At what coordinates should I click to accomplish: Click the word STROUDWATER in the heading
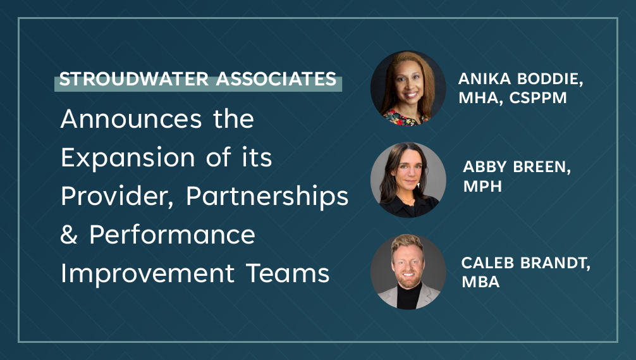pyautogui.click(x=134, y=79)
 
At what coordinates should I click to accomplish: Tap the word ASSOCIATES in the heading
pyautogui.click(x=276, y=79)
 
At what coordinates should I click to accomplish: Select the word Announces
pyautogui.click(x=131, y=119)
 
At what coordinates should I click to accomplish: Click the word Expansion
pyautogui.click(x=128, y=158)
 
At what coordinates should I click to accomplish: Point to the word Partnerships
pyautogui.click(x=267, y=196)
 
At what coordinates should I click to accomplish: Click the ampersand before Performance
pyautogui.click(x=69, y=235)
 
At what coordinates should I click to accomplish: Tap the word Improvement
pyautogui.click(x=148, y=273)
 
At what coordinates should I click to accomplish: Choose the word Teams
pyautogui.click(x=288, y=273)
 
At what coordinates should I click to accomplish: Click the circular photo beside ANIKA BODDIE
pyautogui.click(x=408, y=88)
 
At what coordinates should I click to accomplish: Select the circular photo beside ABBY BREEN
pyautogui.click(x=408, y=180)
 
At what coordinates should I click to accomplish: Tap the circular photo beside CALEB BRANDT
pyautogui.click(x=408, y=271)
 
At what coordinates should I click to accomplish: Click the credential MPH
pyautogui.click(x=482, y=186)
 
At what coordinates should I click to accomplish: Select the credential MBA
pyautogui.click(x=480, y=282)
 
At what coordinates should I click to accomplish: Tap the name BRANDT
pyautogui.click(x=555, y=263)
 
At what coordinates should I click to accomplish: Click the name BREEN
pyautogui.click(x=542, y=167)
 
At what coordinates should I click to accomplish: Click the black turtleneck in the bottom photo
pyautogui.click(x=409, y=295)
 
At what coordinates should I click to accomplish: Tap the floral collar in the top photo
pyautogui.click(x=406, y=118)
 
